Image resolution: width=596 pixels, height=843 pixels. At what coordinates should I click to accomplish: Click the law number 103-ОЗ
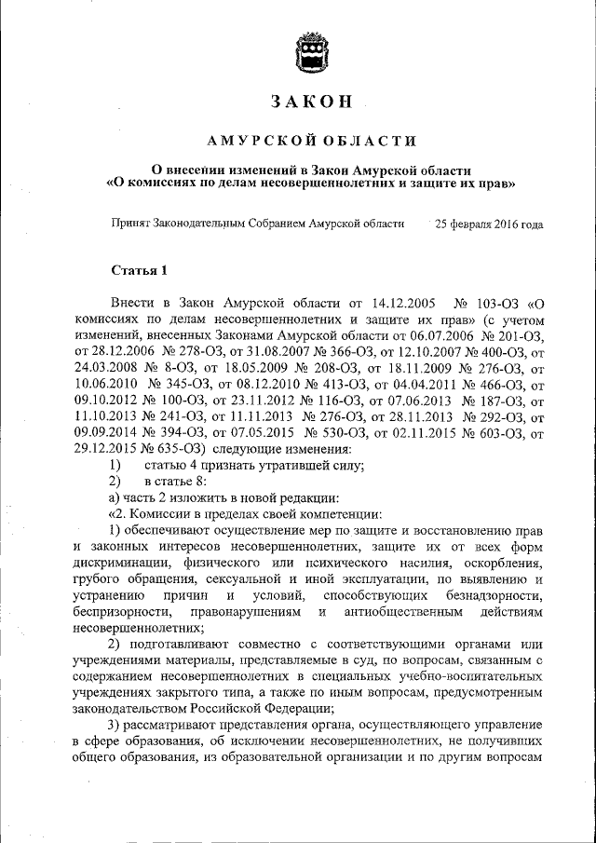(492, 304)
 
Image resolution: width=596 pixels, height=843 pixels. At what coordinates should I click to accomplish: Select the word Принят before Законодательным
(129, 224)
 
